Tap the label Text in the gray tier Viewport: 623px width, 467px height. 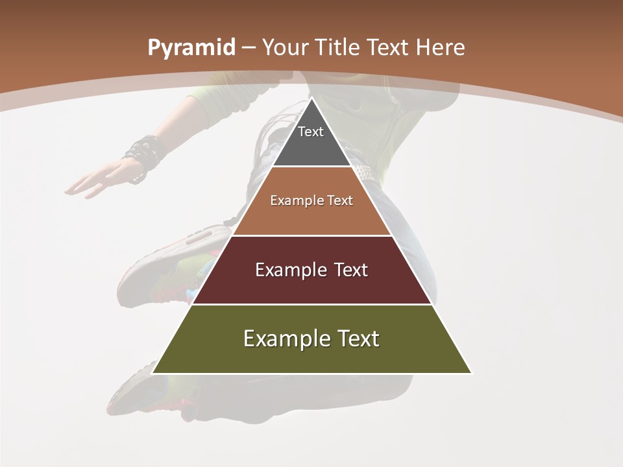tap(311, 132)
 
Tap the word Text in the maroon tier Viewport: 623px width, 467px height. tap(350, 270)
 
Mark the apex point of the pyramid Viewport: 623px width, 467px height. tap(311, 99)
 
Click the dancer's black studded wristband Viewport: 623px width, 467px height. tap(143, 156)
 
